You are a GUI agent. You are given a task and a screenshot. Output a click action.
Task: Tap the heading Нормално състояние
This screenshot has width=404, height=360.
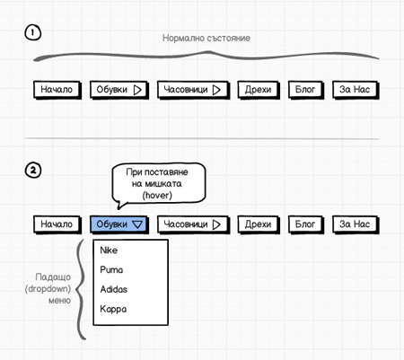(x=206, y=38)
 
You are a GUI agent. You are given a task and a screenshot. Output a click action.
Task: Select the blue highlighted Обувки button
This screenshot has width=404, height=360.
(x=119, y=224)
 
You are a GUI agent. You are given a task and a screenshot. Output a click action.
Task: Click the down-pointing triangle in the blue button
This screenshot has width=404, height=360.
(x=137, y=224)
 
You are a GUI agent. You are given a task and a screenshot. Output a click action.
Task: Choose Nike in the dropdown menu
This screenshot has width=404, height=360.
(x=109, y=250)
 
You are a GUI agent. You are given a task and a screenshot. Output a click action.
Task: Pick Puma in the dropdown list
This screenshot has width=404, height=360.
(x=111, y=269)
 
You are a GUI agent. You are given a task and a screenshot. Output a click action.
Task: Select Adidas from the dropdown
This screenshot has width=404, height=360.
(x=114, y=289)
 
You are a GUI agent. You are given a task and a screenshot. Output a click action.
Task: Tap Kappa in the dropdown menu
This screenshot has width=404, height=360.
(x=113, y=309)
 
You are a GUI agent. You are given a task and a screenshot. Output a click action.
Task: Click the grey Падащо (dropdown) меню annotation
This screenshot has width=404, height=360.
(x=48, y=288)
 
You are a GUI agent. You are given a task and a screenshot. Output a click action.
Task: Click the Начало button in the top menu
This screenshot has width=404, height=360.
(x=57, y=90)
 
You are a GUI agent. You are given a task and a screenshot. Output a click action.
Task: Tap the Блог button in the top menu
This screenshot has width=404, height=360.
(x=306, y=90)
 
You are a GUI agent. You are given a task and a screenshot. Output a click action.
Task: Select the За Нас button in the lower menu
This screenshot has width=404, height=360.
(x=356, y=224)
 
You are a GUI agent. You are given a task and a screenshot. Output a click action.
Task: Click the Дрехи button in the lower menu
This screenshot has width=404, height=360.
(x=259, y=224)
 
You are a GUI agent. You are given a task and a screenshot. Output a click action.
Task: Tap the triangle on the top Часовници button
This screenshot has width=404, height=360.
(x=216, y=90)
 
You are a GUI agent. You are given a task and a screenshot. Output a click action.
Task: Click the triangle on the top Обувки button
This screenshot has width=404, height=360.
(x=137, y=90)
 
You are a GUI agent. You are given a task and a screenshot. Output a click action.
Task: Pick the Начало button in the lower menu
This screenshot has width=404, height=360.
(x=57, y=224)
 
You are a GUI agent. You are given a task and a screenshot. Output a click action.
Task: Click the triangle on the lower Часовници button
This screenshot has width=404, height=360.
(x=216, y=224)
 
